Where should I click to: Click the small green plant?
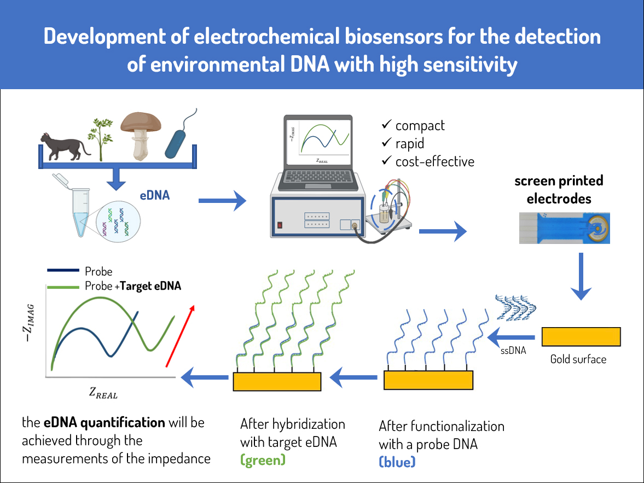(x=100, y=139)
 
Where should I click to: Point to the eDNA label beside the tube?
(x=155, y=195)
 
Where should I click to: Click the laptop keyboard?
(x=317, y=178)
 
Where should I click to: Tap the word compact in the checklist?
(x=420, y=125)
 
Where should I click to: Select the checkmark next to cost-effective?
(x=386, y=160)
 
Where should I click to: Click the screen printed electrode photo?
(x=564, y=228)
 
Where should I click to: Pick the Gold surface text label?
(x=578, y=359)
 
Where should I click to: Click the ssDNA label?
(x=513, y=350)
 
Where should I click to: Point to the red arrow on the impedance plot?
(x=180, y=336)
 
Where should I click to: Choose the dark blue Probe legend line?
(x=63, y=270)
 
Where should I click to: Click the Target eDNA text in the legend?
(x=150, y=286)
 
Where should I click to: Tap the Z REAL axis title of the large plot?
(x=103, y=393)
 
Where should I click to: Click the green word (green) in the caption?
(x=263, y=460)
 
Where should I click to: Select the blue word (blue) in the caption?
(x=397, y=462)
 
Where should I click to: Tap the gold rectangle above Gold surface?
(x=581, y=337)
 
